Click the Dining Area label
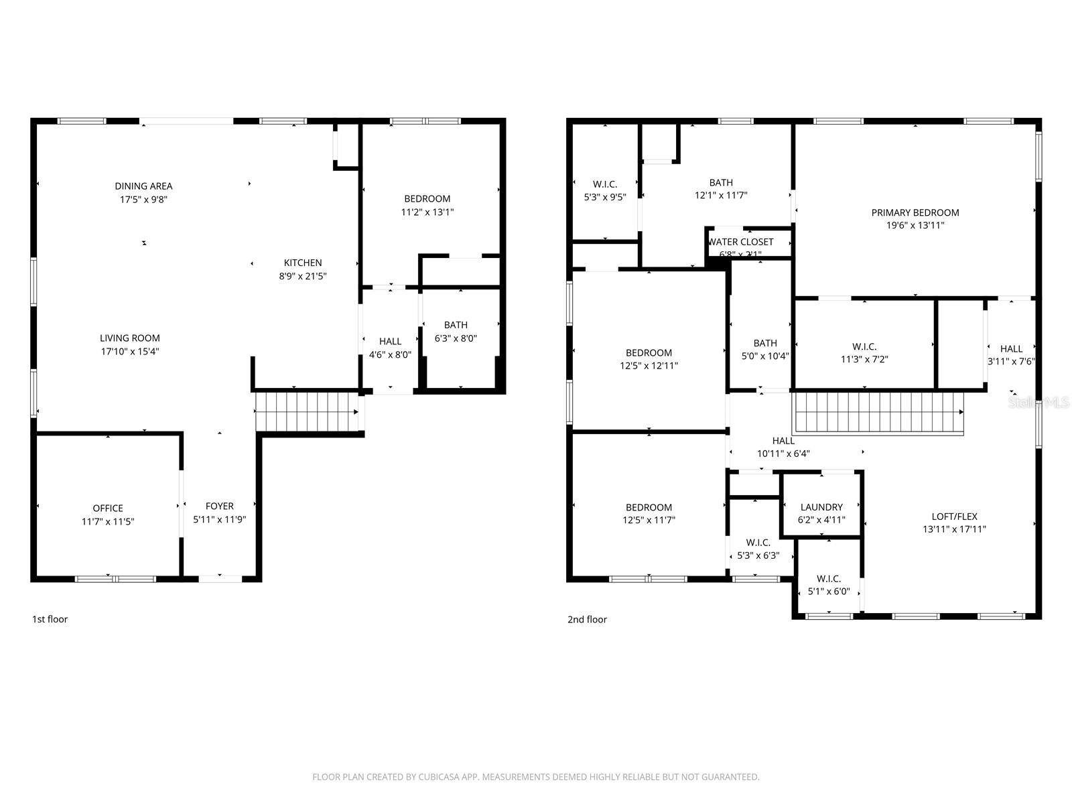[x=143, y=186]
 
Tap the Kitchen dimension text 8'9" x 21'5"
[x=303, y=276]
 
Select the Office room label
[x=108, y=509]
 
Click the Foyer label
[x=220, y=507]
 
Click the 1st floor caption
[x=50, y=619]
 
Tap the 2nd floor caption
[x=587, y=619]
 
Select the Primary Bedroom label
[x=915, y=212]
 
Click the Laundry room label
[x=821, y=507]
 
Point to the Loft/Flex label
[x=954, y=517]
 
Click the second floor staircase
[x=878, y=412]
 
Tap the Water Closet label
[x=741, y=242]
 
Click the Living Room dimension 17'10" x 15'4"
[x=130, y=351]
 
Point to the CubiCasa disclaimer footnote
[x=536, y=777]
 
